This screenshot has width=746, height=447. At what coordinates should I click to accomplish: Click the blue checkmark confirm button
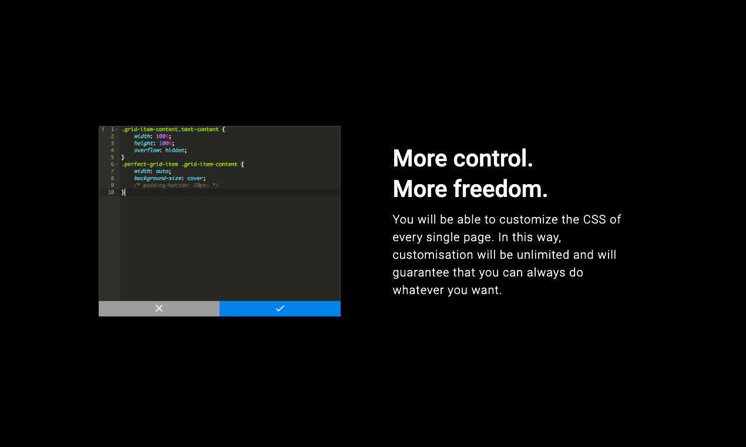coord(280,308)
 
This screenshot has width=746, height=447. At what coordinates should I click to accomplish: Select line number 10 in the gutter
coord(111,192)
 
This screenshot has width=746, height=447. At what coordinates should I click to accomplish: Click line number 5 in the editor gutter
coord(112,157)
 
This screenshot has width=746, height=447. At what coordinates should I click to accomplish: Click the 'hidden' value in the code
coord(175,150)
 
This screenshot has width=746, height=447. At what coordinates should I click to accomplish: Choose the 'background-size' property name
coord(157,178)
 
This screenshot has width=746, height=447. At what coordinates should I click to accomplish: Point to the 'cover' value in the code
coord(196,178)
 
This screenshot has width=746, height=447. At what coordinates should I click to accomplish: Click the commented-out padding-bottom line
coord(176,185)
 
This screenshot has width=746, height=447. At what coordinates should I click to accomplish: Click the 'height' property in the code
coord(143,143)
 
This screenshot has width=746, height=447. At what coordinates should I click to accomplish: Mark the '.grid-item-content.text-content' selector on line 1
coord(171,129)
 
